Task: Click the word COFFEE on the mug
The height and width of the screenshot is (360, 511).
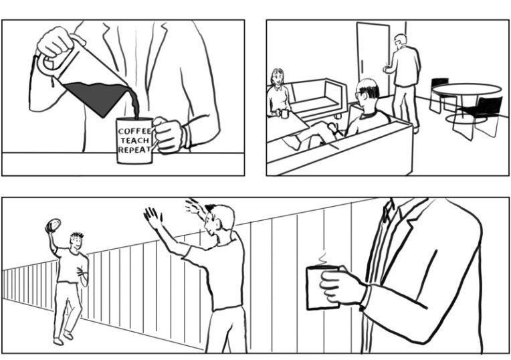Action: (134, 131)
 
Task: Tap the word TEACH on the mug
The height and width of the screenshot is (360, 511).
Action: (135, 141)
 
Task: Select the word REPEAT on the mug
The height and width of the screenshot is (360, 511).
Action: (134, 150)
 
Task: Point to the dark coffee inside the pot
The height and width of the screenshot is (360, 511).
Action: (98, 96)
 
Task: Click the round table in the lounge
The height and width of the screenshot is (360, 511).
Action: (467, 90)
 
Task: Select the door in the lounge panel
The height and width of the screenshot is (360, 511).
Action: (373, 59)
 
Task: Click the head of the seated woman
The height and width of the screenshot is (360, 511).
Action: (277, 77)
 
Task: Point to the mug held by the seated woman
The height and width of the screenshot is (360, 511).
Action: (284, 114)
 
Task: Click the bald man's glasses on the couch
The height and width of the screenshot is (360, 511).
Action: (359, 94)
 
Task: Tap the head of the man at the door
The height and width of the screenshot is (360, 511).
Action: (400, 40)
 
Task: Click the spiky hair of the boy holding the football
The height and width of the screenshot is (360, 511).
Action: (77, 235)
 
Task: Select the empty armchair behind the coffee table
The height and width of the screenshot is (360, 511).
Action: (318, 98)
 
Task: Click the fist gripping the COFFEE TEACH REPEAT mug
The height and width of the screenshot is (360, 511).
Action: (169, 135)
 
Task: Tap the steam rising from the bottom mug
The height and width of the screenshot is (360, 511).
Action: (322, 258)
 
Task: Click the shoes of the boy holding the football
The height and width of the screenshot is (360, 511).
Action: (64, 338)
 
